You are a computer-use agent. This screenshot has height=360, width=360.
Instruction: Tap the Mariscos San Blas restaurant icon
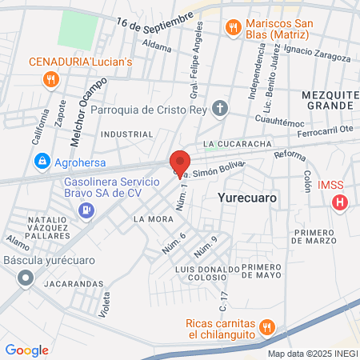coord(234,28)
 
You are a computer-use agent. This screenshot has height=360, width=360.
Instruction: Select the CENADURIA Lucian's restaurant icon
coord(50,78)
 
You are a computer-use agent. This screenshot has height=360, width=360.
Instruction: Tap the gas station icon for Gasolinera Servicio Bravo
coord(85,210)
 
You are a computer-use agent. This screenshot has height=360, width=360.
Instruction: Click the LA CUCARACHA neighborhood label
coord(233,144)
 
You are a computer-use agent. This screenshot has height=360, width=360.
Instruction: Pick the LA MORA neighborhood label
coord(150,218)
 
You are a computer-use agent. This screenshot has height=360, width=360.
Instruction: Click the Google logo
coord(26,350)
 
